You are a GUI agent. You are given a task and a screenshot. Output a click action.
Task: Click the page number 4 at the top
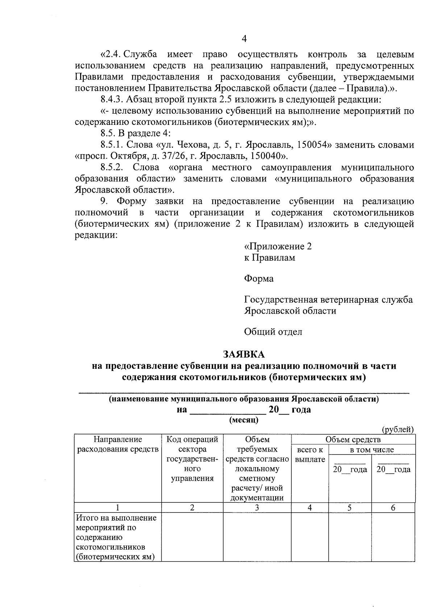point(244,38)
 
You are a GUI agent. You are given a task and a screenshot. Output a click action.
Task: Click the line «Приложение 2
point(278,246)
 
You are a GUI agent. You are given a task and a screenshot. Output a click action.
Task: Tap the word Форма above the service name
point(259,278)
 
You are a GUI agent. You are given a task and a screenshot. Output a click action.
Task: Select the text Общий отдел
point(273,331)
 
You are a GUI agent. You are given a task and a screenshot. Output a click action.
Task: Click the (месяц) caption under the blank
point(244,420)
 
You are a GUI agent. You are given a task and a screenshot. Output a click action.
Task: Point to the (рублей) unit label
point(398,429)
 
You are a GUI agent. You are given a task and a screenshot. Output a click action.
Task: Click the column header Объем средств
point(353,440)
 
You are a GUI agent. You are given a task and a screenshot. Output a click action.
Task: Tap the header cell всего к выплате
point(310,454)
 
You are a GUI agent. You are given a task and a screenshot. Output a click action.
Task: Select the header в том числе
point(372,450)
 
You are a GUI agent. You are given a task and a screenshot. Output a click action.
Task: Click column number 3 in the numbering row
point(257,508)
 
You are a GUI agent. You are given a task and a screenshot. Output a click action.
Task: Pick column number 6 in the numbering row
point(393,508)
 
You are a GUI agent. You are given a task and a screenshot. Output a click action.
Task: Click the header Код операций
point(192,440)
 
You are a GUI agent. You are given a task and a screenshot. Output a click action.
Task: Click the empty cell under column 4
point(310,537)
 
